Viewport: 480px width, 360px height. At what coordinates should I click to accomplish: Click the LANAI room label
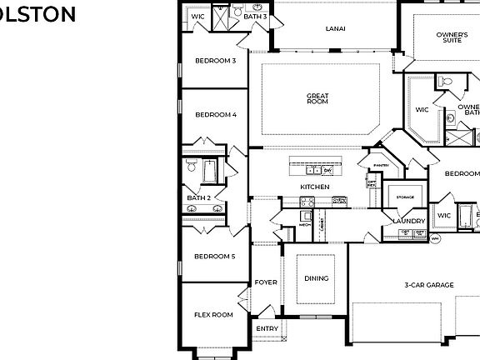pyautogui.click(x=336, y=28)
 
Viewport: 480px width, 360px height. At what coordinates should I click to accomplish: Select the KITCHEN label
pyautogui.click(x=315, y=186)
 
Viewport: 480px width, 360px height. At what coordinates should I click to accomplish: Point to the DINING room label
pyautogui.click(x=316, y=278)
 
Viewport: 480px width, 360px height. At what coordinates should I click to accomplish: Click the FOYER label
pyautogui.click(x=266, y=282)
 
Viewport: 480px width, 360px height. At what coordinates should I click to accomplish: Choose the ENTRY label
pyautogui.click(x=267, y=328)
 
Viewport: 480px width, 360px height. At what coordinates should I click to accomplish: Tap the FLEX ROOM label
pyautogui.click(x=213, y=315)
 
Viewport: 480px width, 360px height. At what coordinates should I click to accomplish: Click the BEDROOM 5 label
pyautogui.click(x=214, y=257)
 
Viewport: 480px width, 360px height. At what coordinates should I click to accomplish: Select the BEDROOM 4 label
pyautogui.click(x=216, y=115)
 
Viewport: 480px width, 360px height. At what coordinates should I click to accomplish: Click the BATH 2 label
pyautogui.click(x=198, y=197)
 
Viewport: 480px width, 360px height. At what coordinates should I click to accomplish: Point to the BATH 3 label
pyautogui.click(x=255, y=16)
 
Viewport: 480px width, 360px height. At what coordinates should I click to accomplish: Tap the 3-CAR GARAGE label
pyautogui.click(x=429, y=285)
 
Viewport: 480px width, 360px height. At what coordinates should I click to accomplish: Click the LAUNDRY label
pyautogui.click(x=409, y=221)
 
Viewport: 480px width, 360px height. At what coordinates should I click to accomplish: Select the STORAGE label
pyautogui.click(x=405, y=197)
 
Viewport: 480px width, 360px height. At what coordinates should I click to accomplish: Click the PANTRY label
pyautogui.click(x=381, y=165)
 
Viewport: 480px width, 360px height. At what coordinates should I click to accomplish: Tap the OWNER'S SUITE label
pyautogui.click(x=449, y=37)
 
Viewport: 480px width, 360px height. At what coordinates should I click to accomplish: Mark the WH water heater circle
pyautogui.click(x=435, y=238)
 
